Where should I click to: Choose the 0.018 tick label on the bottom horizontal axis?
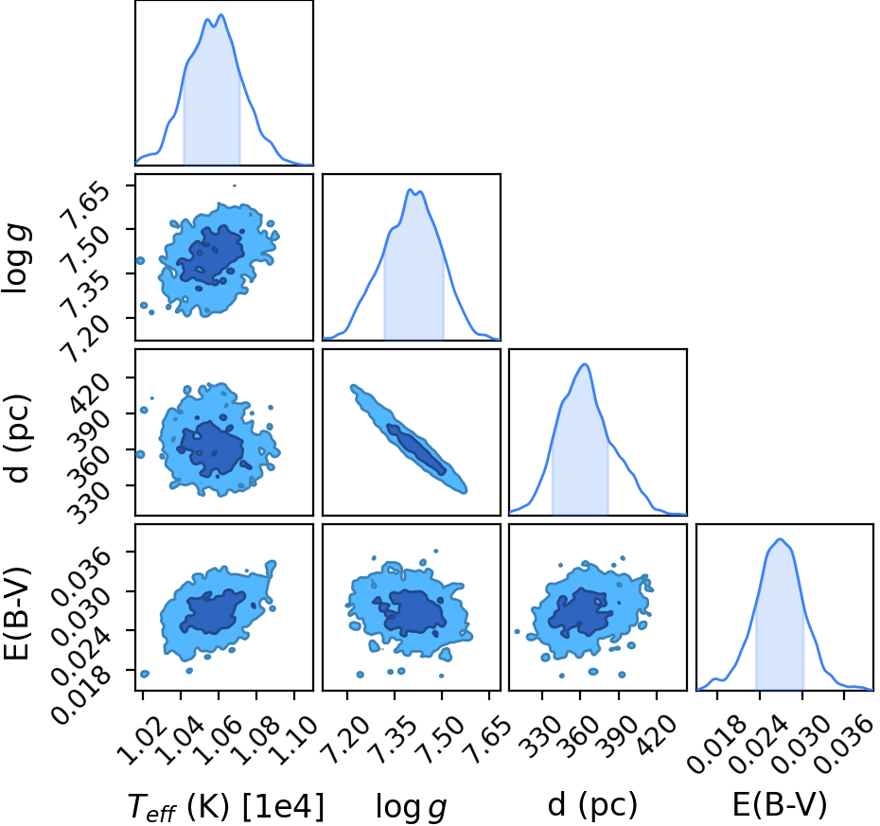click(712, 746)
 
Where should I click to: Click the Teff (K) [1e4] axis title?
click(226, 807)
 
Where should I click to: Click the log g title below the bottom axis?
click(411, 807)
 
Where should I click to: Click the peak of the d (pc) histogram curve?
click(585, 364)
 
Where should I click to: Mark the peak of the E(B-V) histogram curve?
click(780, 539)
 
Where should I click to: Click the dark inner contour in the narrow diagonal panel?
click(415, 448)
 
